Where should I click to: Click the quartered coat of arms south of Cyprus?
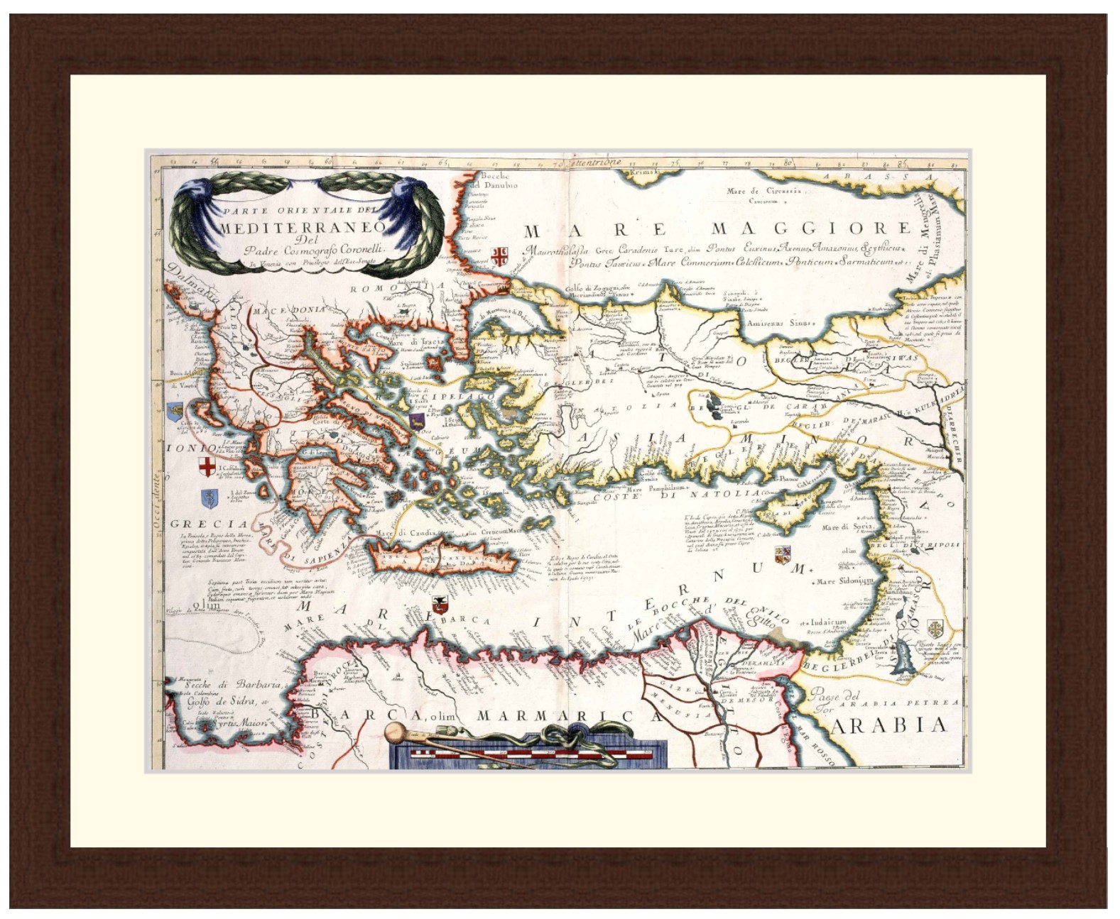click(x=783, y=554)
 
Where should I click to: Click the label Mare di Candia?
click(x=403, y=533)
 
